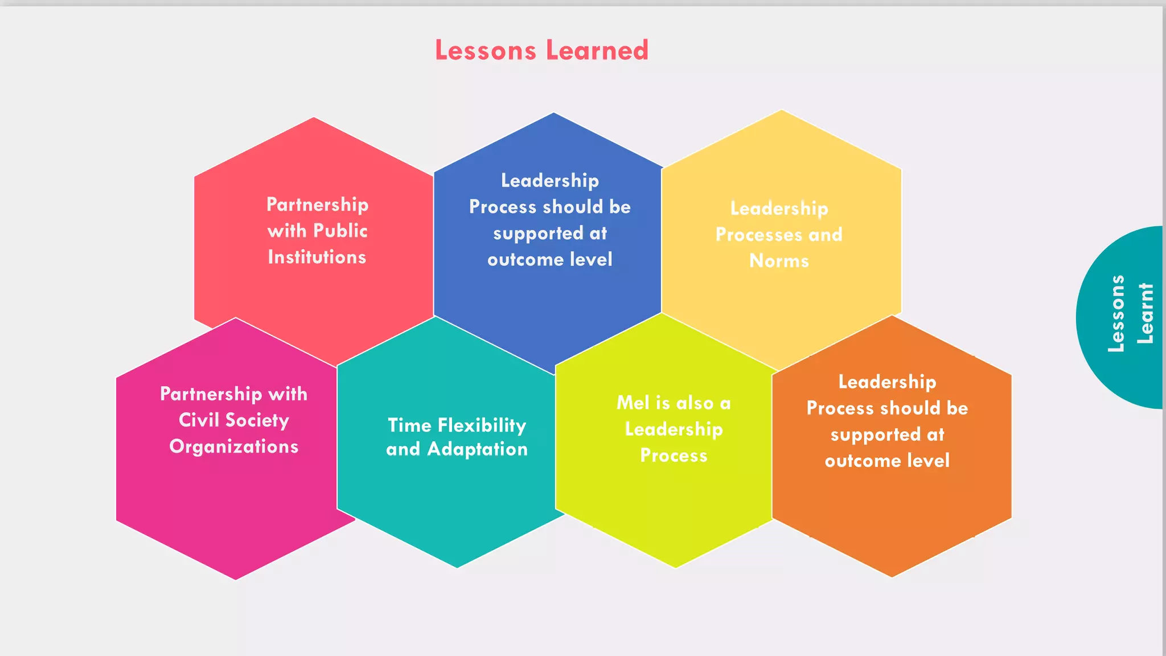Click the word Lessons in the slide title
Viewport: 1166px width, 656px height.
(486, 50)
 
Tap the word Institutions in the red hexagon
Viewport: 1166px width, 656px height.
(317, 257)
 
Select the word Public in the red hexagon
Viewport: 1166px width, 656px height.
(340, 231)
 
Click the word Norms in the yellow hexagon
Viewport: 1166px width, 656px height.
(779, 261)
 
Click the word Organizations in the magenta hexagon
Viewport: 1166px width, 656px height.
(233, 446)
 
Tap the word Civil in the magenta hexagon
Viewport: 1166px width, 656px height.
(199, 420)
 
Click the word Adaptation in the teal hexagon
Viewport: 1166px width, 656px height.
(478, 449)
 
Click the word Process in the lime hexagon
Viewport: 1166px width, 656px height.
(674, 456)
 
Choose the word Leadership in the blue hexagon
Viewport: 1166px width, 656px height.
(549, 181)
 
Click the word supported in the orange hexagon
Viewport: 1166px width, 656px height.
(875, 435)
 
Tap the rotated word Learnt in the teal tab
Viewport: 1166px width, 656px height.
(1145, 314)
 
